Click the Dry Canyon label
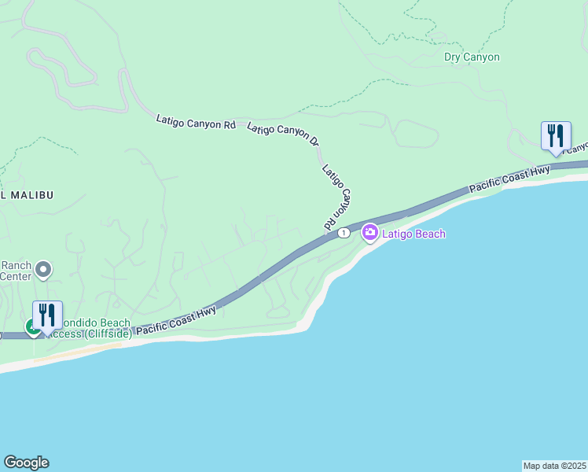tap(472, 57)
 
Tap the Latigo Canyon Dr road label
tap(283, 135)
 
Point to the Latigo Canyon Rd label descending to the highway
tap(337, 197)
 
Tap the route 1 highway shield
tap(344, 233)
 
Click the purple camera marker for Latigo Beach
tap(369, 233)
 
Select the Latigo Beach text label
tap(414, 234)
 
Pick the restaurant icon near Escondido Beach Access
tap(47, 315)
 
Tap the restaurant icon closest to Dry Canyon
tap(556, 135)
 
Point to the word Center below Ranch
tap(16, 276)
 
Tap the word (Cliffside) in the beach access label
tap(105, 334)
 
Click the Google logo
tap(26, 463)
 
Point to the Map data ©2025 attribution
tap(554, 465)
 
